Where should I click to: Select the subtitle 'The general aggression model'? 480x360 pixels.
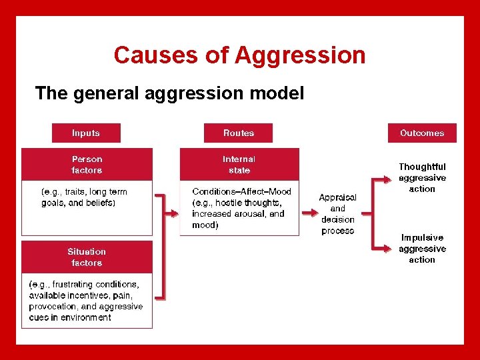(x=169, y=93)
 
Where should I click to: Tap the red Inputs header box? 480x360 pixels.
(x=86, y=133)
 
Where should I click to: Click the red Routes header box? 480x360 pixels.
(x=239, y=133)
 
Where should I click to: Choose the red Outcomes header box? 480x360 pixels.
(x=422, y=133)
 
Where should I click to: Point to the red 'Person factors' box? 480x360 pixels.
(x=87, y=165)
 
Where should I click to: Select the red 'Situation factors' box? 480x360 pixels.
(x=87, y=257)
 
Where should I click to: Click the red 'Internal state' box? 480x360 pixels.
(x=239, y=165)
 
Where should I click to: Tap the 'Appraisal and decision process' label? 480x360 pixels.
(x=338, y=214)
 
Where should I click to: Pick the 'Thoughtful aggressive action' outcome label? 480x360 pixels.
(x=422, y=178)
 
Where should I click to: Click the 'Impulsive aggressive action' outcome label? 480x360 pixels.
(x=422, y=249)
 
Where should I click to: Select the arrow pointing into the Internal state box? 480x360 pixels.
(x=171, y=214)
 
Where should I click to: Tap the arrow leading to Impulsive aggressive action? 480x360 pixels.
(x=382, y=249)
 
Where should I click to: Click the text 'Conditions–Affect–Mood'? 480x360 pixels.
(x=241, y=192)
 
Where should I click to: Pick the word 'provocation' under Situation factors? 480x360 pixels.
(x=54, y=307)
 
